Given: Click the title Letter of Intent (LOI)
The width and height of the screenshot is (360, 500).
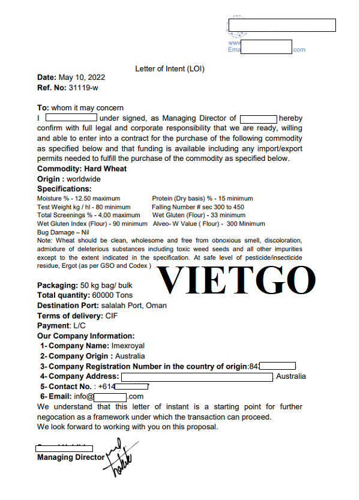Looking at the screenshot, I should pos(170,68).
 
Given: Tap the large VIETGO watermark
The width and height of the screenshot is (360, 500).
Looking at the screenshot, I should pos(236,280).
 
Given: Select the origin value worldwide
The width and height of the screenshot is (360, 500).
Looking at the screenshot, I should pos(83,179).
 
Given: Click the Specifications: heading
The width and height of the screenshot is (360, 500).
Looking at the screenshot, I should pos(64,188).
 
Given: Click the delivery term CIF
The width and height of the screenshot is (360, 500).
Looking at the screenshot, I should pos(112,316).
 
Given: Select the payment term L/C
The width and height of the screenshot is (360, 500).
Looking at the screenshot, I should pos(80,325).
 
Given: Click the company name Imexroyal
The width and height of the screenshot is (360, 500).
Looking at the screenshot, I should pos(128,346).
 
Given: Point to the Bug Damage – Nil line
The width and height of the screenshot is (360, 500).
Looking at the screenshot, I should pos(63,232).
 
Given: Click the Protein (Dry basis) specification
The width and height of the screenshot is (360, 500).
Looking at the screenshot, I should pos(202,198).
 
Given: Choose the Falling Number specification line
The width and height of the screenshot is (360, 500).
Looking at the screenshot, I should pos(198,206).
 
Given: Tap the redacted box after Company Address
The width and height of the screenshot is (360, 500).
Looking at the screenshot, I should pos(197,376).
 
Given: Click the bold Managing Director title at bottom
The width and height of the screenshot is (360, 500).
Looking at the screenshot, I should pos(71,457).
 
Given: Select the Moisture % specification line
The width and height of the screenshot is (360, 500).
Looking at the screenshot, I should pos(78,198).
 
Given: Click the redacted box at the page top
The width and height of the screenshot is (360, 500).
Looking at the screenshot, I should pos(281,25).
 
